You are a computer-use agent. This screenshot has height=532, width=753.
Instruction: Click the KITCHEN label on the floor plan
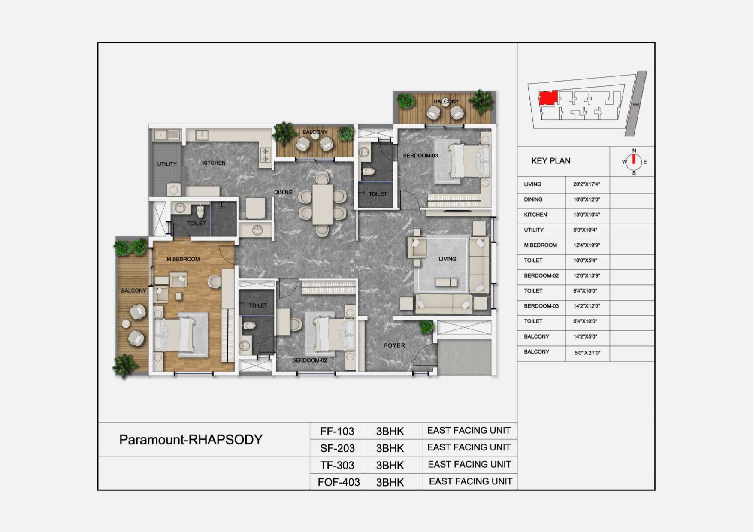(214, 163)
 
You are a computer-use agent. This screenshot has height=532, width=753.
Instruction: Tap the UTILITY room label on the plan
(167, 164)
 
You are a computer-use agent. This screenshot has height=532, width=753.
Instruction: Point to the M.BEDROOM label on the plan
(183, 259)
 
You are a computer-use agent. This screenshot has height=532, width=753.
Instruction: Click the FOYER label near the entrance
(394, 345)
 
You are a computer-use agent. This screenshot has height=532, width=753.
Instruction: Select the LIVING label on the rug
(448, 259)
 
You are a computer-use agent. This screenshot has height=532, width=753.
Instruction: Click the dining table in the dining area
(322, 204)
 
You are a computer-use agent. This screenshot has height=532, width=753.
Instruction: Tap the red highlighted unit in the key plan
(548, 98)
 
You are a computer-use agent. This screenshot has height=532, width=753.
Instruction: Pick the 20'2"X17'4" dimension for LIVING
(586, 184)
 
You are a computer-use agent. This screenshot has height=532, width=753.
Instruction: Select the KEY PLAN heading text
(551, 161)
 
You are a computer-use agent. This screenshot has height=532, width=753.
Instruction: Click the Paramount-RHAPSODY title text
(191, 440)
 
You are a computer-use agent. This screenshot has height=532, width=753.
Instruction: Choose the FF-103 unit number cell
(337, 431)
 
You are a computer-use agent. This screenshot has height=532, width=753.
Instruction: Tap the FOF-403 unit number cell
(339, 482)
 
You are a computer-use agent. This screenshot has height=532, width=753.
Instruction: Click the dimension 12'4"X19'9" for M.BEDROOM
(587, 245)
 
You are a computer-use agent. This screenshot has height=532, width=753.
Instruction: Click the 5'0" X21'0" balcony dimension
(587, 353)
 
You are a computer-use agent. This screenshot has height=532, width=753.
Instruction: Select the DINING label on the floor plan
(283, 193)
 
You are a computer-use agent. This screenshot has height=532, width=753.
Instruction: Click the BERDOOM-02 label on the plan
(309, 360)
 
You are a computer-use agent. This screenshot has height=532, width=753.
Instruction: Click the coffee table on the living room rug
(446, 282)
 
